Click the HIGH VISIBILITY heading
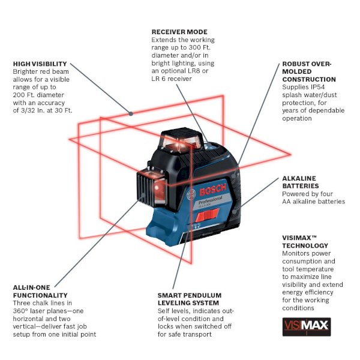click(40, 64)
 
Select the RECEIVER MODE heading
click(179, 32)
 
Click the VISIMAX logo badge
click(306, 326)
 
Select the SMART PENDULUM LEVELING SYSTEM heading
click(190, 299)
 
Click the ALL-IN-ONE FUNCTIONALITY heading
click(40, 292)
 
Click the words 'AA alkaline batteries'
click(314, 202)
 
